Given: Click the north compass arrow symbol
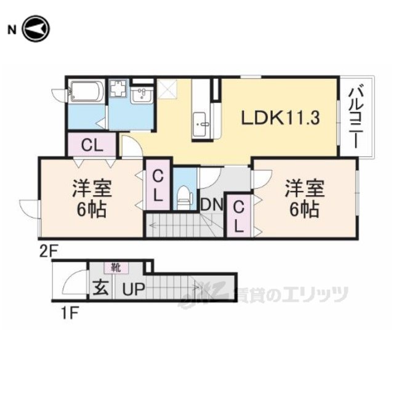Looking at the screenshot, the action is click(x=36, y=29).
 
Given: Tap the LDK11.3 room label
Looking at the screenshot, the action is click(x=281, y=118).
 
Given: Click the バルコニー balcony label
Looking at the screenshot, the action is click(x=356, y=117).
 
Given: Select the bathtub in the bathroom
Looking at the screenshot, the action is click(x=86, y=91).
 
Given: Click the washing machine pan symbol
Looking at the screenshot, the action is click(x=119, y=88).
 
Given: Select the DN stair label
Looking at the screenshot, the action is click(x=212, y=204).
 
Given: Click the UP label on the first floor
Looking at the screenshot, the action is click(x=134, y=289).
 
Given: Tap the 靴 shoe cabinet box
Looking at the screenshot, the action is click(x=116, y=268).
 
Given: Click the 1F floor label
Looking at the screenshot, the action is click(x=70, y=313).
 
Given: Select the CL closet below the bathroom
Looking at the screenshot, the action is click(x=92, y=145).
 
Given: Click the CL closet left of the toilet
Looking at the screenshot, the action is click(x=158, y=185).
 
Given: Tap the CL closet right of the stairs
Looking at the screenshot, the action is click(x=239, y=216).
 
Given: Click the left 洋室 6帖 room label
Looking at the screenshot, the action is click(x=92, y=198).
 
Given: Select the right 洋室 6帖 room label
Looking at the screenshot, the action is click(x=305, y=198).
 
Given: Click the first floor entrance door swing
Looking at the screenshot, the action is click(x=73, y=281).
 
